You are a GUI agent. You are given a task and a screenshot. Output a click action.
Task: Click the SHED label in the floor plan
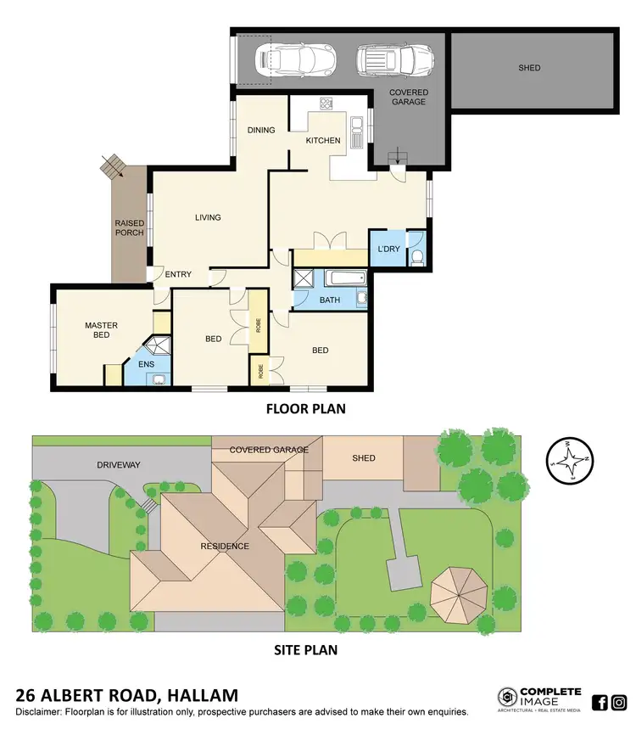click(x=528, y=68)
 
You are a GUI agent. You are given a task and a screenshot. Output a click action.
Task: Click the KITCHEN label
click(x=323, y=141)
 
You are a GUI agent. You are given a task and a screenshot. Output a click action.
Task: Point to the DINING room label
click(x=261, y=130)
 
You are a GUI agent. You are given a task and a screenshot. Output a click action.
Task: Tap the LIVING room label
click(x=208, y=217)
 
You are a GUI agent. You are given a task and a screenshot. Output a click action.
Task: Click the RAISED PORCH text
click(x=130, y=227)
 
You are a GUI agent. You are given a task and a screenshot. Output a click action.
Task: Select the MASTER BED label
click(x=101, y=330)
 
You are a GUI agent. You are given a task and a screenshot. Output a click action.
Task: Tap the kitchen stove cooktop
click(x=326, y=104)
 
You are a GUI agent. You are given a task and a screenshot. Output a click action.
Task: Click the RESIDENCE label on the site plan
click(x=225, y=546)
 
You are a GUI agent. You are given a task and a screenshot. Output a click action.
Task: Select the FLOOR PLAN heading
click(x=305, y=409)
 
